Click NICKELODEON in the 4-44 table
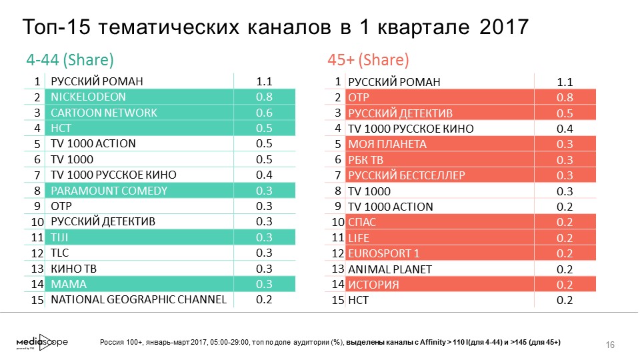83,97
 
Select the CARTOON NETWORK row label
104,113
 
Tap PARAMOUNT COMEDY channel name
109,191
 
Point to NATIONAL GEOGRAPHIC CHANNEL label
139,300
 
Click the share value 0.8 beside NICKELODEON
264,97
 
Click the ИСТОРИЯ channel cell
374,285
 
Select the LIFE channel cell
360,237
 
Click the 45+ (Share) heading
368,60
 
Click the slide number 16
609,344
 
